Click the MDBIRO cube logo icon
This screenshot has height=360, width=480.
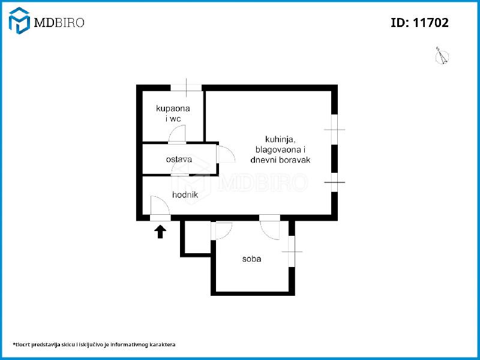(19, 20)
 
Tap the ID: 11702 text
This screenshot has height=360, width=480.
(419, 23)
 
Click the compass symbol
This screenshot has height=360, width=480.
(442, 56)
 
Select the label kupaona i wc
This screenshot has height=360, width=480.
(173, 113)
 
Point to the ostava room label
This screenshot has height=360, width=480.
(179, 159)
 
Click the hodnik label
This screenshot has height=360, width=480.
(185, 194)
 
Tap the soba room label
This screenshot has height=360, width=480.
(251, 259)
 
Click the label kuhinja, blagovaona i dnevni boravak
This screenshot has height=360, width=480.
(280, 149)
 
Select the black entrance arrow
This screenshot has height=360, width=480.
(160, 232)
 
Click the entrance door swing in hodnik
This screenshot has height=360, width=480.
(160, 205)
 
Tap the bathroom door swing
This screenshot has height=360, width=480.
(177, 134)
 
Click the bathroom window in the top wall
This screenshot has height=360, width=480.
(186, 88)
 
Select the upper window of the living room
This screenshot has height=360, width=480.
(335, 130)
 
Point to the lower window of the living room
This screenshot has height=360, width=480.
(335, 182)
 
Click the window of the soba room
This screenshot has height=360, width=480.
(292, 251)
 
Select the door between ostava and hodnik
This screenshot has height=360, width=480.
(179, 169)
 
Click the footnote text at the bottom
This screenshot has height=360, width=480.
(94, 344)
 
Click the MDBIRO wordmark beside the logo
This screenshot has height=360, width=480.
(59, 22)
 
